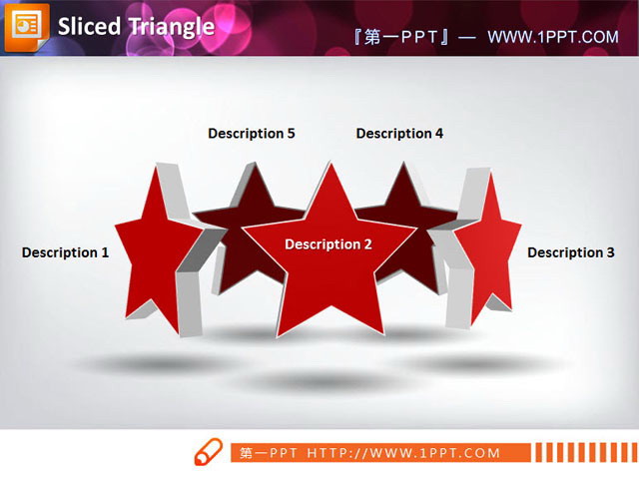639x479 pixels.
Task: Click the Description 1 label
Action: pos(65,252)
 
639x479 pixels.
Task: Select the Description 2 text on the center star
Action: pos(327,244)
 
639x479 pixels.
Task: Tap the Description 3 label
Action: pos(571,252)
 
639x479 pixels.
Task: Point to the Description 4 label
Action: pos(399,133)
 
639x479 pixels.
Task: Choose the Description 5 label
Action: pos(252,133)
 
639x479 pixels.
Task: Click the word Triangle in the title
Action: pos(170,26)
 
